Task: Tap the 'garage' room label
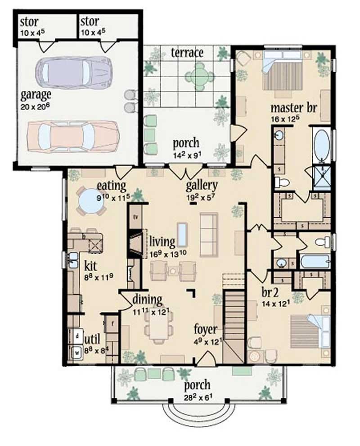[36, 96]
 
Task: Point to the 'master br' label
[291, 109]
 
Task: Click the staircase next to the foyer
[234, 320]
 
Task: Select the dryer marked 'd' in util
[77, 336]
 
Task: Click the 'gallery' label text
[202, 185]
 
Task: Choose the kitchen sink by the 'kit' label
[72, 260]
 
